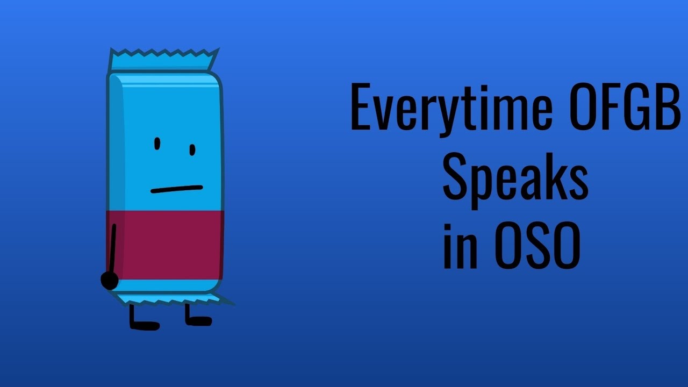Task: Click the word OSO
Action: click(x=537, y=248)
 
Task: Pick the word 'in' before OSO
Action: click(x=460, y=248)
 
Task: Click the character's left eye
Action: click(x=157, y=144)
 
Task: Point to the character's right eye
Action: click(x=192, y=149)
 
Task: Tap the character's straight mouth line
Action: click(x=176, y=189)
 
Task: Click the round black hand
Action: click(x=110, y=281)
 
